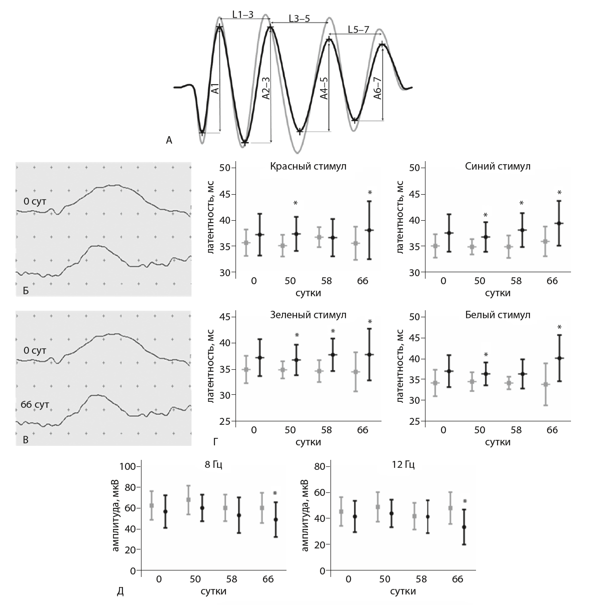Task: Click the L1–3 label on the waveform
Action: [x=243, y=15]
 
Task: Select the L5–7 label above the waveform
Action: [x=358, y=30]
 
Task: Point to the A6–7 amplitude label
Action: [x=378, y=88]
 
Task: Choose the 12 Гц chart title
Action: [x=403, y=464]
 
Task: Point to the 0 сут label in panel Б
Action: [x=33, y=201]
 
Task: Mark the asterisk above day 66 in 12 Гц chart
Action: [x=465, y=501]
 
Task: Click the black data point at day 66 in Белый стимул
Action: [x=559, y=358]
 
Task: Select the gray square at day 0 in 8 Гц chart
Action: [x=151, y=505]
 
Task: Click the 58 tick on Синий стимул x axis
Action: [x=516, y=281]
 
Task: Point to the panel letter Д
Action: [x=120, y=592]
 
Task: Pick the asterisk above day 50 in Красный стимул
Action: [x=295, y=203]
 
